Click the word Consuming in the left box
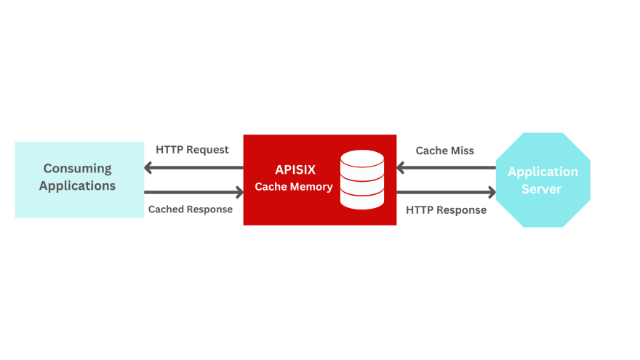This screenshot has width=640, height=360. point(77,168)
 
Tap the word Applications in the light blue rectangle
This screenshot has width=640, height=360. point(77,185)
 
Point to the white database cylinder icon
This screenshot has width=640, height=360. point(362,179)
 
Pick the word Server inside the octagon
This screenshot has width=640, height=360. point(543,189)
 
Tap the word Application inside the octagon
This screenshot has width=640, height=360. point(543,172)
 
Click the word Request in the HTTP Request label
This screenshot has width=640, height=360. point(208,150)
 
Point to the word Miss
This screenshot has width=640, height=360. point(461,151)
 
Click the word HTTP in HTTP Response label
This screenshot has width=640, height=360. point(420,210)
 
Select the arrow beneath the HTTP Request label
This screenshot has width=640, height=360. point(194,168)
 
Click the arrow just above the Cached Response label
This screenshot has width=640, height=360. point(194,193)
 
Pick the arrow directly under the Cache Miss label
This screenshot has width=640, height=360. point(446,168)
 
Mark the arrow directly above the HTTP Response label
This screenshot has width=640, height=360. point(446,193)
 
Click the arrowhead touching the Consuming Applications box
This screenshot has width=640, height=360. point(149,168)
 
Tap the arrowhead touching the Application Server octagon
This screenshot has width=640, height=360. point(492,193)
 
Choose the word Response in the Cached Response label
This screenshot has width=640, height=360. point(209,209)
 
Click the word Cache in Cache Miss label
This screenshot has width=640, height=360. point(431,151)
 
